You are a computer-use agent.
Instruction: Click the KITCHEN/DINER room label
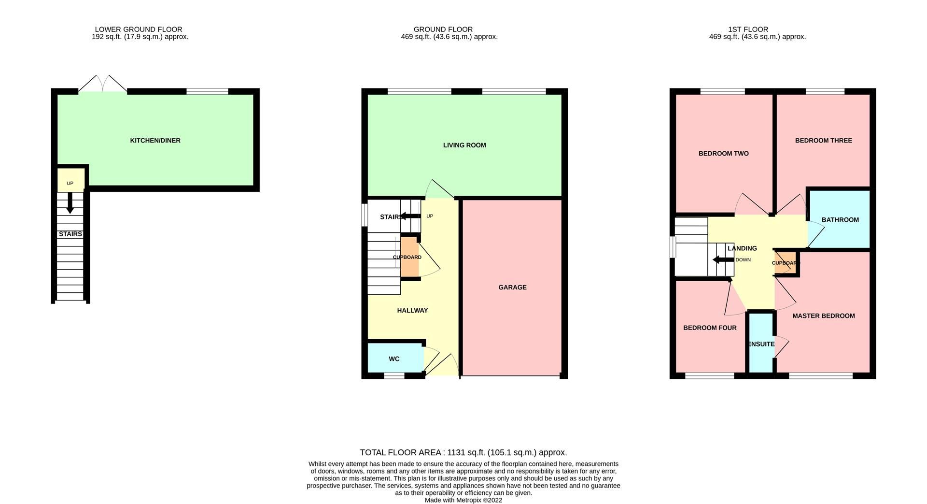[x=155, y=141]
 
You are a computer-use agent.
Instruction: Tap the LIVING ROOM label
[x=464, y=145]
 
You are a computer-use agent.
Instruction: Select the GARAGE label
[x=512, y=287]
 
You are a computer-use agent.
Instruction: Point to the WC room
[x=394, y=359]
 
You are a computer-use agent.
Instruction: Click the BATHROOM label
[x=840, y=220]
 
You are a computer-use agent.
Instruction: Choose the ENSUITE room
[x=761, y=344]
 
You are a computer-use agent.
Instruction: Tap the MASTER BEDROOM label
[x=823, y=316]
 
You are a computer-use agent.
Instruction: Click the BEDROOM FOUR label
[x=710, y=328]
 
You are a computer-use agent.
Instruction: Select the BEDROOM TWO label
[x=723, y=154]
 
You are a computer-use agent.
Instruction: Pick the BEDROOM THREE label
[x=823, y=141]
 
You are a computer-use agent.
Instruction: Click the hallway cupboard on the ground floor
[x=408, y=257]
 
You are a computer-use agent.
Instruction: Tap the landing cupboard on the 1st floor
[x=785, y=263]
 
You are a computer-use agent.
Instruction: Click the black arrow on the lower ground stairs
[x=70, y=203]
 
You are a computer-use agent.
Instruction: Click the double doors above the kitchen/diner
[x=103, y=84]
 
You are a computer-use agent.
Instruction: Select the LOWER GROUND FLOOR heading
[x=139, y=29]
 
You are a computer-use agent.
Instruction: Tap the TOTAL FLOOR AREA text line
[x=463, y=453]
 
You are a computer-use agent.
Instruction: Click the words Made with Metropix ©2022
[x=463, y=500]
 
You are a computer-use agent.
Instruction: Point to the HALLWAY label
[x=412, y=311]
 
